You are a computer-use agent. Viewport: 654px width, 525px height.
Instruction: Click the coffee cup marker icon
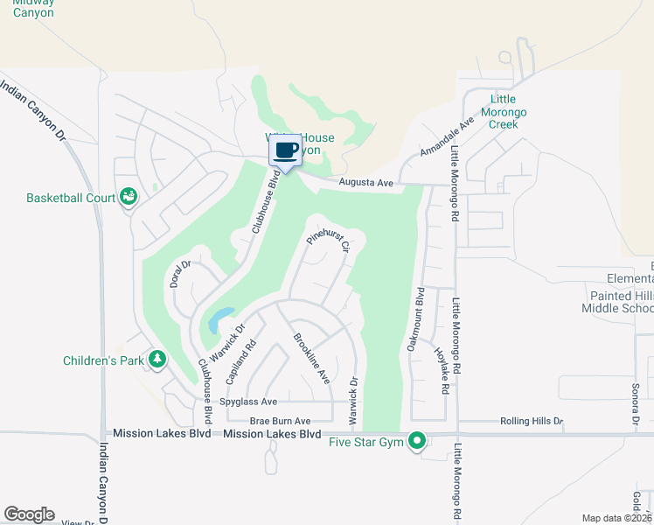coord(287,150)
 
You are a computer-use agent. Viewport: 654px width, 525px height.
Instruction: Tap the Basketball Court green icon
coord(129,197)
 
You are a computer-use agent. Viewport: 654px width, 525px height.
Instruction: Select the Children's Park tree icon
coord(157,359)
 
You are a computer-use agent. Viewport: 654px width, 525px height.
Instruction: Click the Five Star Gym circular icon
coord(417,440)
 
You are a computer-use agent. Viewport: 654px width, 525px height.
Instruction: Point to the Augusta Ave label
coord(366,183)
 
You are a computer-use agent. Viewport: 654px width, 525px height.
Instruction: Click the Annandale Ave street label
coord(446,136)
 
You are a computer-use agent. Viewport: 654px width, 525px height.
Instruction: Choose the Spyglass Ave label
coord(248,402)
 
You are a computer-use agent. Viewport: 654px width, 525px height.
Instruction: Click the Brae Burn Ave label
coord(281,421)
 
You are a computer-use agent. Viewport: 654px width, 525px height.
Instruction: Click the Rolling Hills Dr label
coord(532,421)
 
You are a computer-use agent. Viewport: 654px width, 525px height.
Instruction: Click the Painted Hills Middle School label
coord(617,302)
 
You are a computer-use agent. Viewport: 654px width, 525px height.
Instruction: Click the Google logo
coord(29,514)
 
